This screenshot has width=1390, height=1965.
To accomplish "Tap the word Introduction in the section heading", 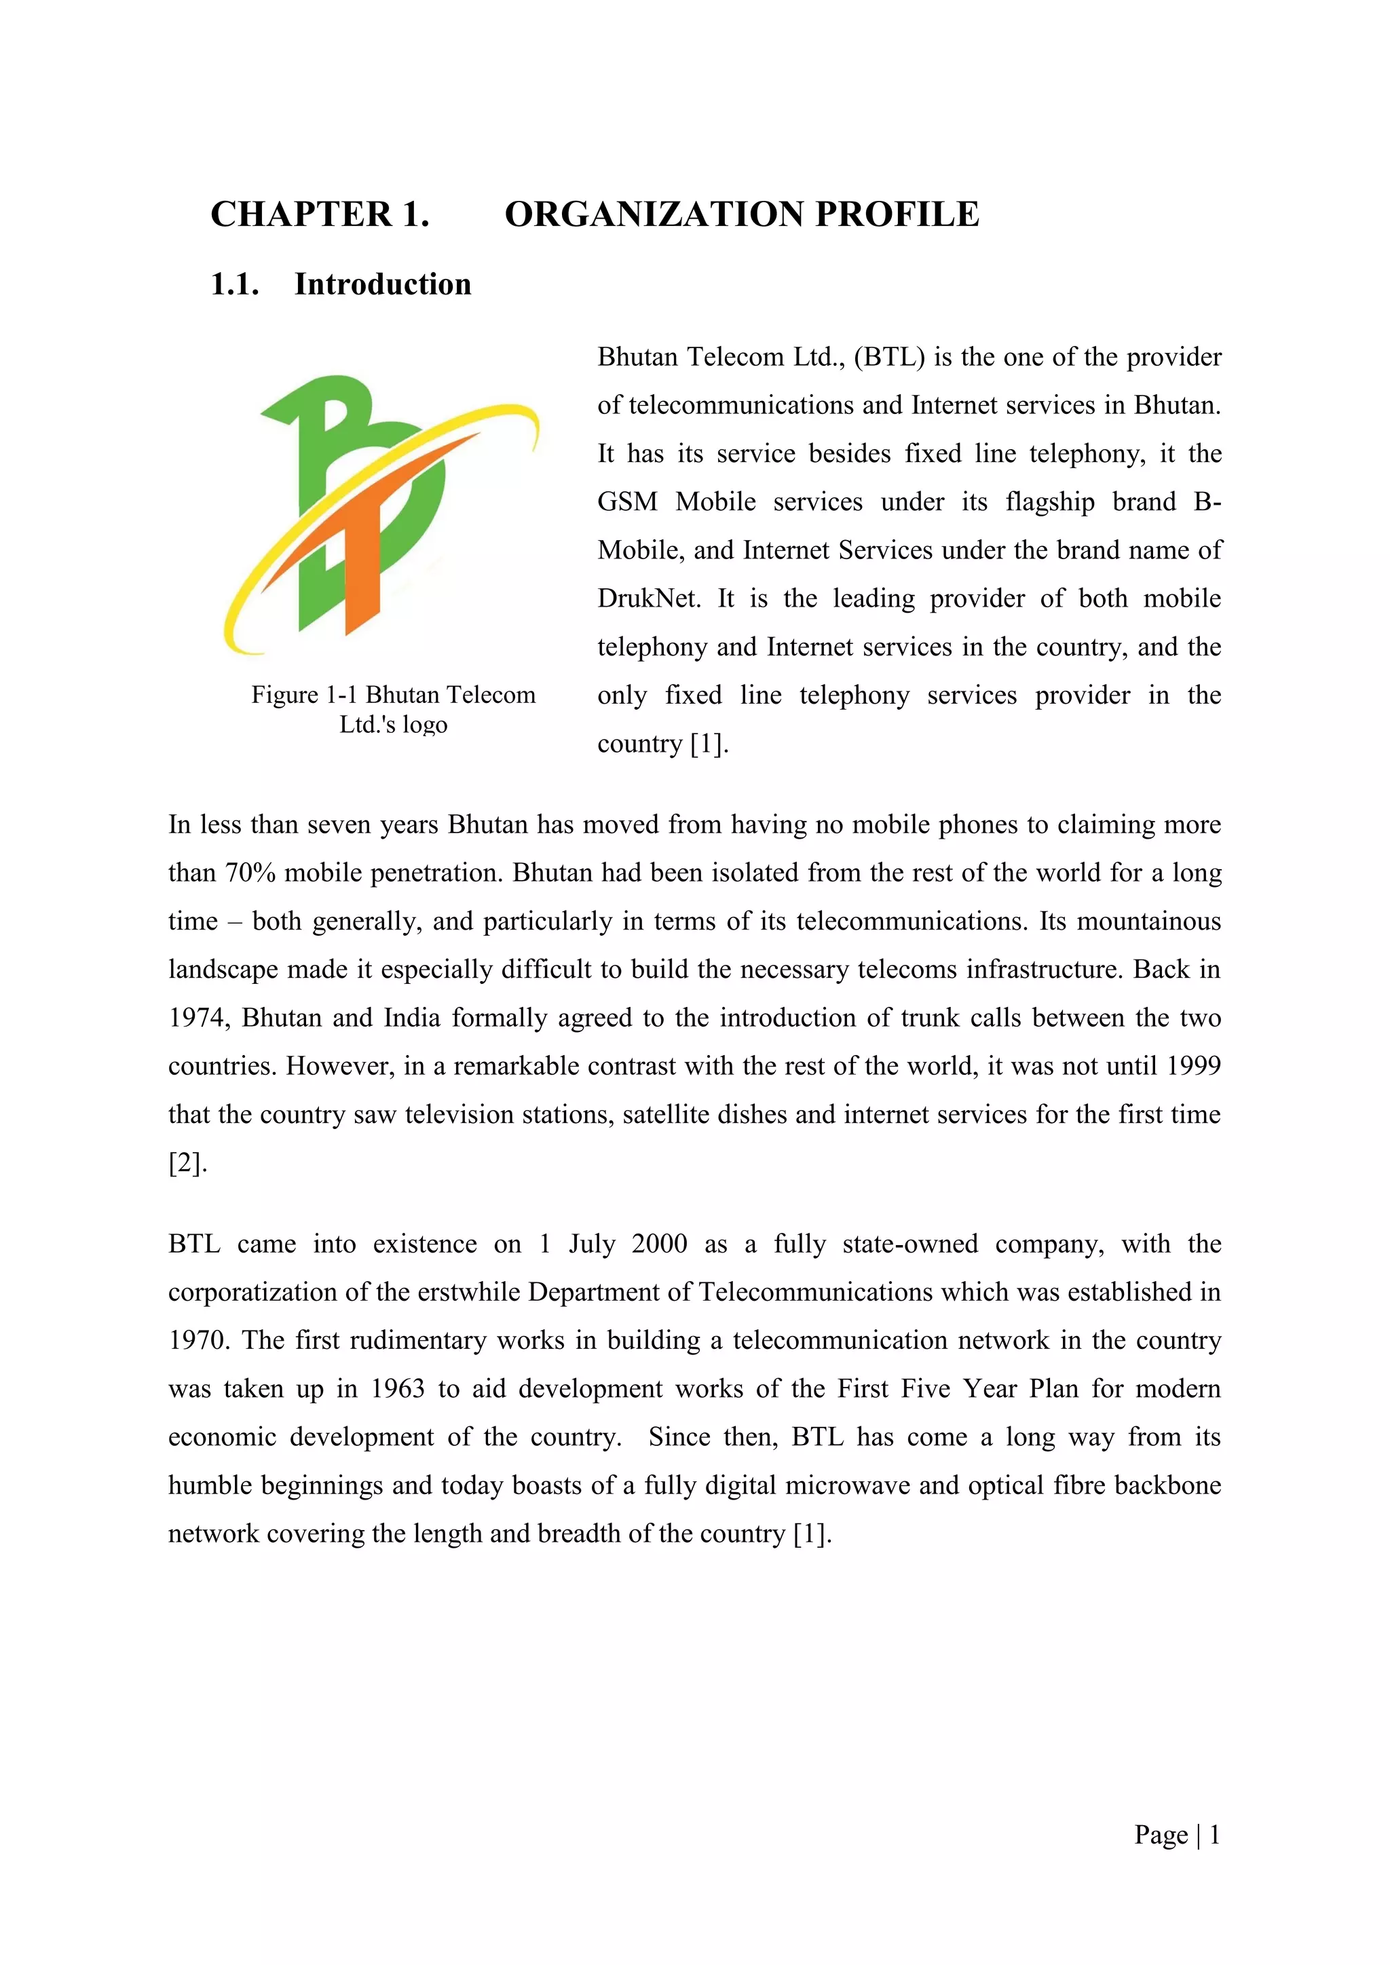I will (x=383, y=284).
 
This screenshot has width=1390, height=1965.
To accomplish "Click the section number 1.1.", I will (x=235, y=284).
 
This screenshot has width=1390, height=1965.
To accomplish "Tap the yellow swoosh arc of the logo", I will (x=257, y=582).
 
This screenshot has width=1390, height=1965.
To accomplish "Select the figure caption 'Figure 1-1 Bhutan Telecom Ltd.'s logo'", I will (x=394, y=708).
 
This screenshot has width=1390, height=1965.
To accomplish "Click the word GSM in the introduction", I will (x=626, y=501).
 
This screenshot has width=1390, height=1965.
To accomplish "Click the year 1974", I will (x=198, y=1018).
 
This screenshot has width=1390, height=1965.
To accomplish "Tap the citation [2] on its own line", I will (x=186, y=1163).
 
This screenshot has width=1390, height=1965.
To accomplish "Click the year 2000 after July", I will (x=659, y=1244).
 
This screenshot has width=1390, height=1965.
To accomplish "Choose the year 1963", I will (x=397, y=1388).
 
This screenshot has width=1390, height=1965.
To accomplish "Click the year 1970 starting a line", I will (x=198, y=1340).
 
